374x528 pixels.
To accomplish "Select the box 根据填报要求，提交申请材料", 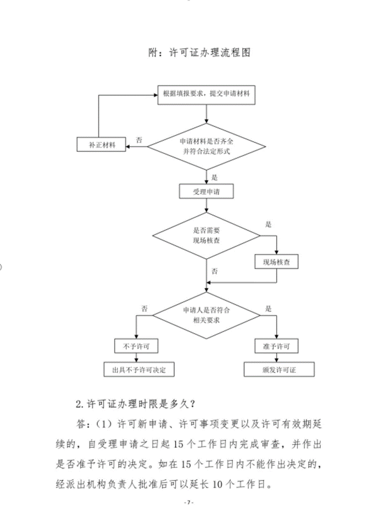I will click(x=206, y=95).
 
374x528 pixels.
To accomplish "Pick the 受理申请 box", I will click(x=206, y=192).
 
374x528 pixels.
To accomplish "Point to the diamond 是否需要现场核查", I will click(x=206, y=235).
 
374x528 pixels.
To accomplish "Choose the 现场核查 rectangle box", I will click(x=276, y=261).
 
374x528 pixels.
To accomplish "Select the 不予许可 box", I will click(x=136, y=345).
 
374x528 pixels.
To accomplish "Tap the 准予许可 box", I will click(x=276, y=345).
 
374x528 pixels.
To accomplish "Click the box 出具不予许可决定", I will click(x=136, y=370).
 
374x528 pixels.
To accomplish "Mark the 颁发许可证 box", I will click(x=279, y=370).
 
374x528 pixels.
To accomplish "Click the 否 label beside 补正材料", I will click(x=138, y=138).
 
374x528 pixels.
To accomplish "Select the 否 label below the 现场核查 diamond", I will click(x=215, y=271).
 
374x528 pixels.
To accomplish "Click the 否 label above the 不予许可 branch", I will click(x=144, y=308).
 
